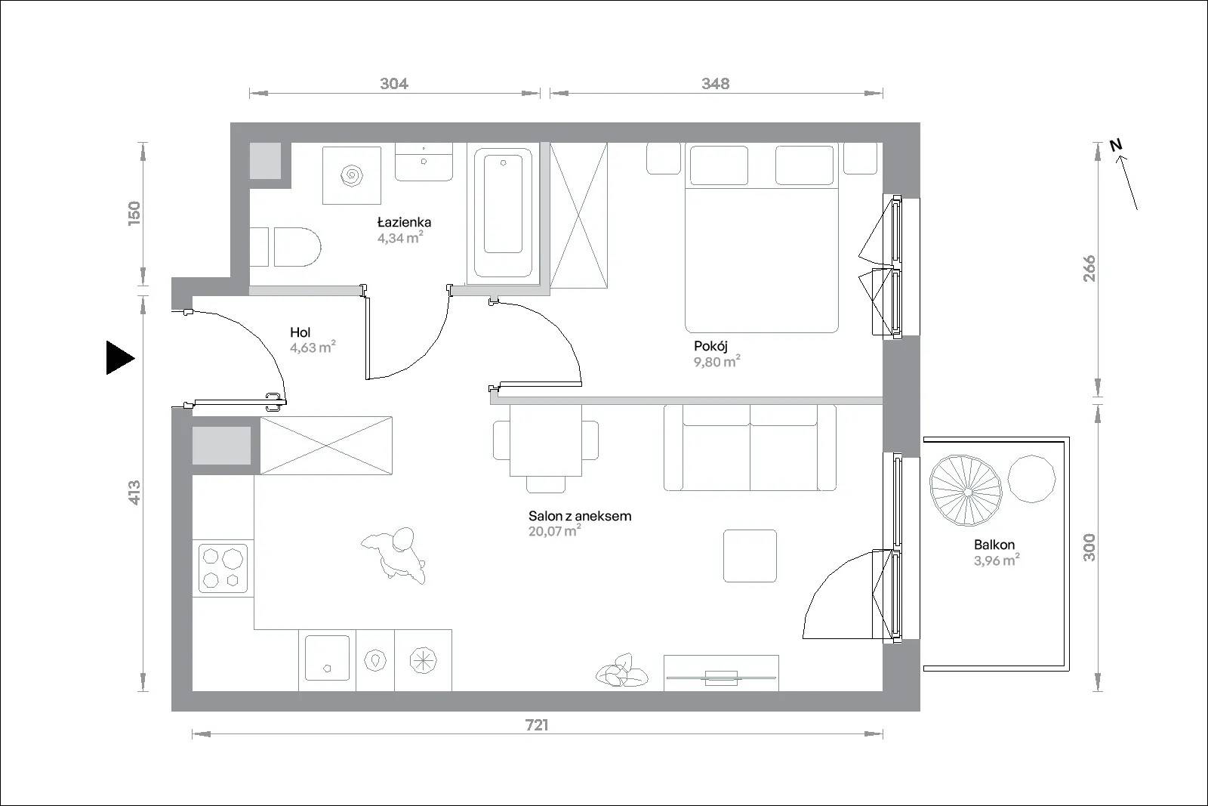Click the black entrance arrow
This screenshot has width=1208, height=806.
click(120, 358)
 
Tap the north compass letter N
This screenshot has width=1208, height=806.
click(1116, 144)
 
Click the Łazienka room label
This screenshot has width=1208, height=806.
click(404, 222)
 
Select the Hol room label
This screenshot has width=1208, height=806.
click(300, 332)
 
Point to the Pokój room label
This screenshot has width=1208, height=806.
click(710, 347)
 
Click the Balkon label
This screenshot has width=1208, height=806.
click(994, 545)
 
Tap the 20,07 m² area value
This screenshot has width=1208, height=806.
click(554, 531)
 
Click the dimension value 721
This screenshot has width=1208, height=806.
click(537, 725)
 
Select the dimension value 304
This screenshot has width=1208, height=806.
click(393, 84)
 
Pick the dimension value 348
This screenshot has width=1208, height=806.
click(715, 84)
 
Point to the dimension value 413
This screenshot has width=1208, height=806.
click(134, 493)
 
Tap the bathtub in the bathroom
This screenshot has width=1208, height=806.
click(503, 212)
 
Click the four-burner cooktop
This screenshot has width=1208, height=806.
click(223, 568)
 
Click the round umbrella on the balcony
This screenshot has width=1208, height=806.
click(966, 490)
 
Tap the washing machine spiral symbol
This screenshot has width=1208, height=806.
click(352, 174)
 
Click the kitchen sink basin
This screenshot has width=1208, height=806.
click(327, 658)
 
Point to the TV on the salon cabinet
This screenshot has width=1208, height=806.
click(721, 678)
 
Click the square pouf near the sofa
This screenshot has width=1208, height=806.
click(750, 556)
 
